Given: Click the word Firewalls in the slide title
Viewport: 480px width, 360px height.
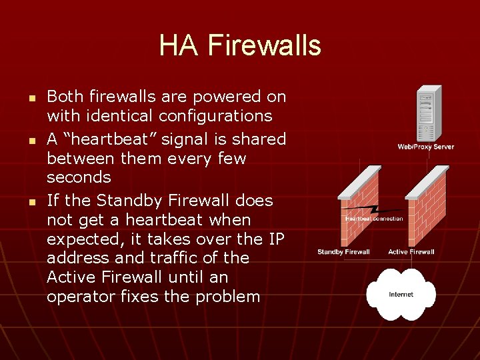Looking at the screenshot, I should [x=264, y=45].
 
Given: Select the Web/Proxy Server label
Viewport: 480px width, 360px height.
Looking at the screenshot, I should [x=425, y=147].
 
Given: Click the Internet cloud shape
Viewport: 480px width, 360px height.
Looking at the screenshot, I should [x=401, y=294].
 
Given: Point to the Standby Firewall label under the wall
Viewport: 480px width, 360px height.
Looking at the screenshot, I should [x=343, y=252].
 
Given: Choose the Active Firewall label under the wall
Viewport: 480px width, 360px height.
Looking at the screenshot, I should [x=411, y=252].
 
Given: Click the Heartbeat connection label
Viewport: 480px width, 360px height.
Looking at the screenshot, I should [x=373, y=219].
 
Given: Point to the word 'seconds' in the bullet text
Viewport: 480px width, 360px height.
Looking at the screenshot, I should [x=79, y=177].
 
